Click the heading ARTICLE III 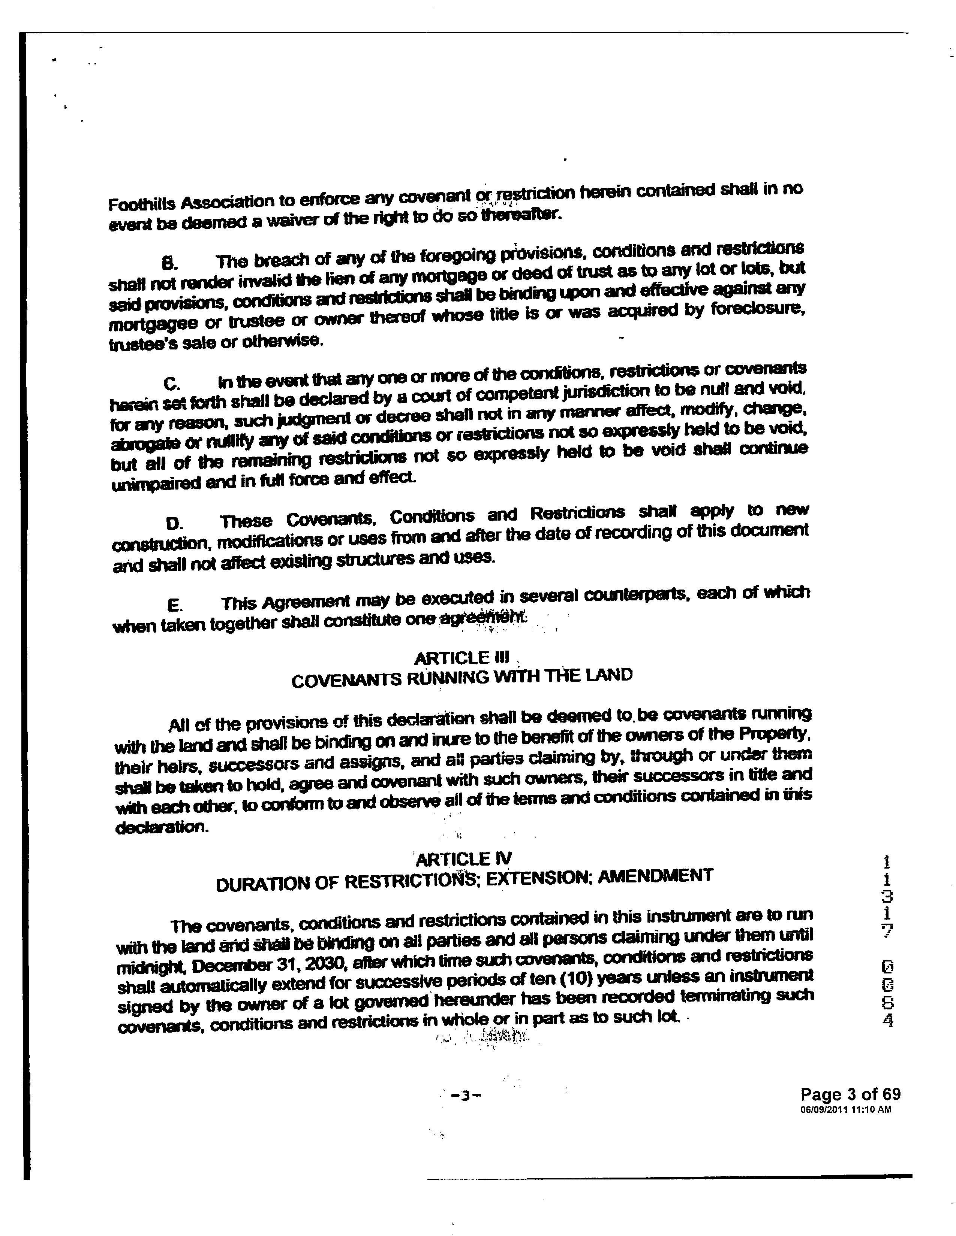(462, 658)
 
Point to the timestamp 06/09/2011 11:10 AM (846, 1109)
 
